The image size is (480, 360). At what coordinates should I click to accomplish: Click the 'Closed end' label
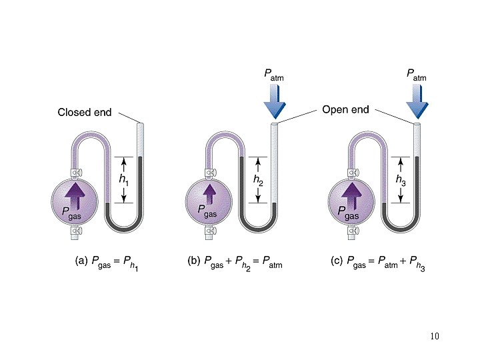pos(85,113)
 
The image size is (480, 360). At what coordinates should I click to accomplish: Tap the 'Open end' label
pos(345,109)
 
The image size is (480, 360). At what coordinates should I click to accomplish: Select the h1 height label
pos(124,179)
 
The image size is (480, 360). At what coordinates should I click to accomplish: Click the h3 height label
pos(400,179)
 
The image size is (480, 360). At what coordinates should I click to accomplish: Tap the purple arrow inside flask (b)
pos(209,195)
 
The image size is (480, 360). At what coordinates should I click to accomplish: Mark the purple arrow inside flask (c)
pos(352,195)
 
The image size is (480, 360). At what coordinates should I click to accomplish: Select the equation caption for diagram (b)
pos(235,263)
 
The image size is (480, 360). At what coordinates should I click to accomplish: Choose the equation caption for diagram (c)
pos(378,263)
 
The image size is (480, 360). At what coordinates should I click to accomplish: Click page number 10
pos(435,335)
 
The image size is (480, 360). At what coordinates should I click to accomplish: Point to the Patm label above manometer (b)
pos(274,78)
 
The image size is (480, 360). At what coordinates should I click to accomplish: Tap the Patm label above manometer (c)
pos(417,78)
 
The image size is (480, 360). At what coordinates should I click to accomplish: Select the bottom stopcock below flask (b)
pos(210,232)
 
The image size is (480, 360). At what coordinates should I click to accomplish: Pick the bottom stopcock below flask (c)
pos(352,232)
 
